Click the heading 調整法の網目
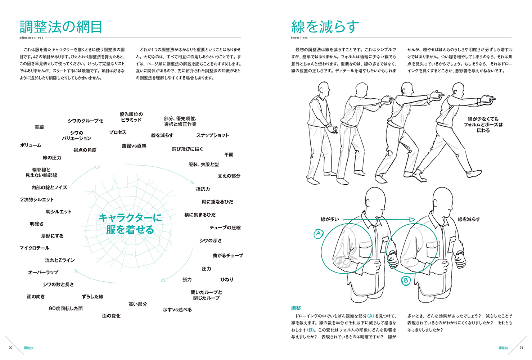61,27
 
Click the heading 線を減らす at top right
325,27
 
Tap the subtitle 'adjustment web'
31,38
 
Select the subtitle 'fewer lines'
299,38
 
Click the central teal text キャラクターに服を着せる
130,224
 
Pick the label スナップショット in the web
212,135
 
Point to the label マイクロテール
35,248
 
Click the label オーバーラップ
43,273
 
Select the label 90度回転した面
66,309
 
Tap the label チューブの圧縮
225,228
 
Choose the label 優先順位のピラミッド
131,117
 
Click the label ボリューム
31,145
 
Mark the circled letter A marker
319,234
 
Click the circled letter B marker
406,280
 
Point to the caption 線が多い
330,219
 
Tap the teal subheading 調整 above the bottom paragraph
296,308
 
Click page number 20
10,348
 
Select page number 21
521,348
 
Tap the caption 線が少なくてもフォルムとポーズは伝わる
483,125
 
